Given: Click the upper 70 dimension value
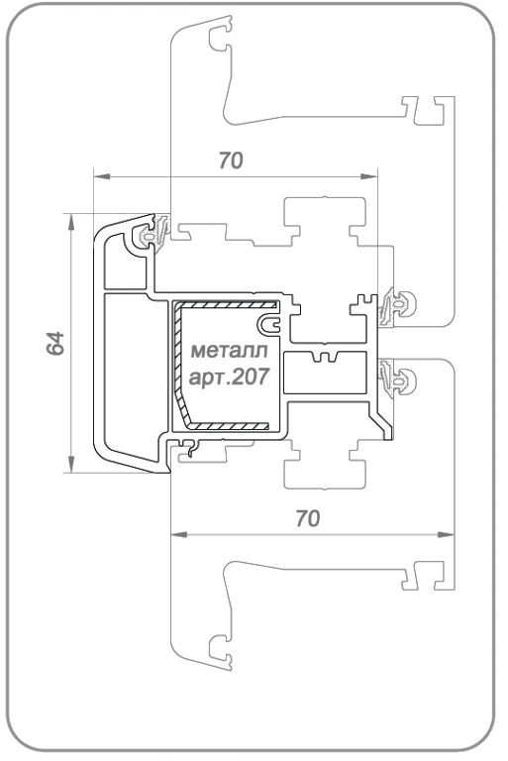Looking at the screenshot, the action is pos(231,161).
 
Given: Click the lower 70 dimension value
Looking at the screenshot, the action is pos(308,519).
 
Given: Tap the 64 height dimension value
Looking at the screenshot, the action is pos(55,344).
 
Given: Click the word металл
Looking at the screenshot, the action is pos(229,351).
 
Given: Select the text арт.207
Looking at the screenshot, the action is pos(229,377).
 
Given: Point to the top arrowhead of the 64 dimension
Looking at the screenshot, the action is pos(71,221).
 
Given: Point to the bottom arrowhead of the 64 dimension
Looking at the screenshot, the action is pos(71,464).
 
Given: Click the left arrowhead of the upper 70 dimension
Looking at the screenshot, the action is pos(101,176).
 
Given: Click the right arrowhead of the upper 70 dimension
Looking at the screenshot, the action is pos(369,176).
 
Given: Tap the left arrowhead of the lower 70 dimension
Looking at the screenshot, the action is pos(179,535).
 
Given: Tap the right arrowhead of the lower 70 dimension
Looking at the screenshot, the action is pos(447,535).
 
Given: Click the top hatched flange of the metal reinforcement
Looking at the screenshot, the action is pos(226,305).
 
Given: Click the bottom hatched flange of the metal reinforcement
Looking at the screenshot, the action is pos(228,426).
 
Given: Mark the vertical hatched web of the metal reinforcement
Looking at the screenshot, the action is pos(178,364).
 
